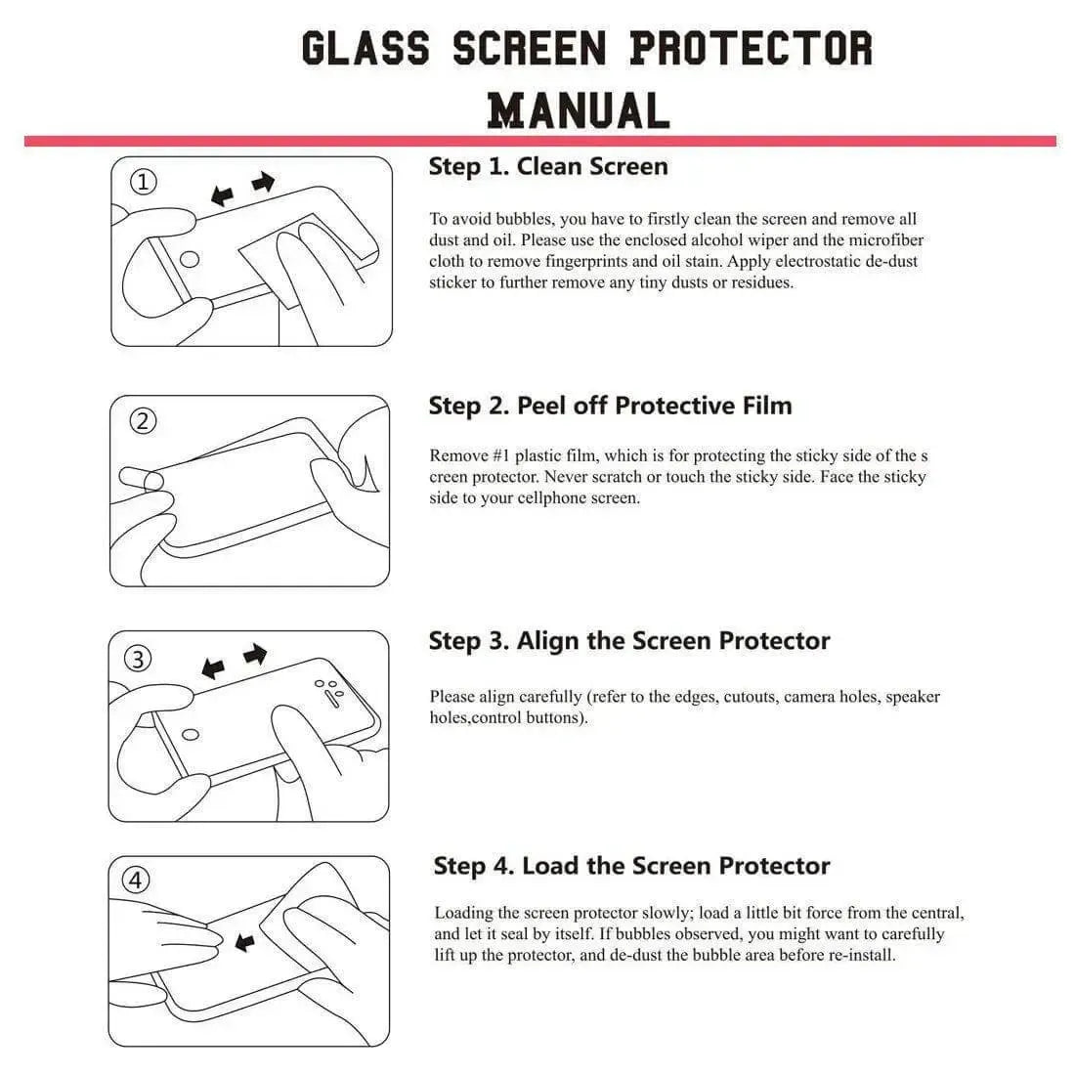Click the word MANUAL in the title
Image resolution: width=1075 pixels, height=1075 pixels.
coord(579,110)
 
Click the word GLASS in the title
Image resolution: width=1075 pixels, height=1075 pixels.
coord(365,48)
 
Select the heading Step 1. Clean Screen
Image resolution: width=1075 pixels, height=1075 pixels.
coord(547,166)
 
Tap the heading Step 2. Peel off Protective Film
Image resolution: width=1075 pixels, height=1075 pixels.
coord(610,406)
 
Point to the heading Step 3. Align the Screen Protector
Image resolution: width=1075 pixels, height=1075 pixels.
coord(628,641)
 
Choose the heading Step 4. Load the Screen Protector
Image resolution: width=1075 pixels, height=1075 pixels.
coord(631,866)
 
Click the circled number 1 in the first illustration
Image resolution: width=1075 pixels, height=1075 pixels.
coord(144,182)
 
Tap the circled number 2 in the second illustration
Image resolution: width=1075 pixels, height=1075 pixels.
coord(144,421)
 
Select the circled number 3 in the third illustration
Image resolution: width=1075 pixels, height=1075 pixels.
coord(139,659)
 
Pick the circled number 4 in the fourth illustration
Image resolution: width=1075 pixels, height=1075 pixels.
coord(136,881)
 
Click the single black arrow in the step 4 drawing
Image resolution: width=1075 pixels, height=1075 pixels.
coord(244,942)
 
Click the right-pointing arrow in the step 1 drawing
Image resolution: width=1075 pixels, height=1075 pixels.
coord(263,182)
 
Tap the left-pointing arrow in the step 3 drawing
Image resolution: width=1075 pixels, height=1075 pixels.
coord(212,669)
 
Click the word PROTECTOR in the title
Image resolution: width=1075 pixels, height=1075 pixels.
coord(751,48)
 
